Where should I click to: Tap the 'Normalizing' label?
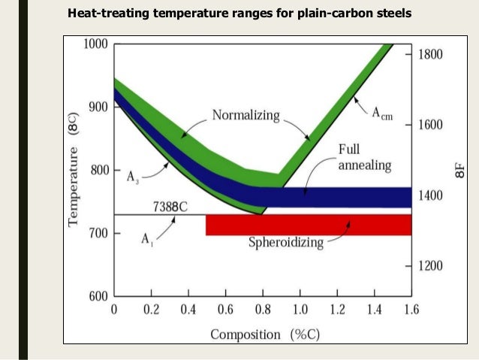[246, 116]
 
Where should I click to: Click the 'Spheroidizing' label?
[285, 242]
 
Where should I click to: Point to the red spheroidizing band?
[308, 225]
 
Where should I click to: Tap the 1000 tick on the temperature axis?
[95, 44]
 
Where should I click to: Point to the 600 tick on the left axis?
[98, 296]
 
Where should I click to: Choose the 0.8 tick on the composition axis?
[262, 310]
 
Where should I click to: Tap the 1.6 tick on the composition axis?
[410, 310]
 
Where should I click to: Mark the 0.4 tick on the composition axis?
[188, 310]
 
